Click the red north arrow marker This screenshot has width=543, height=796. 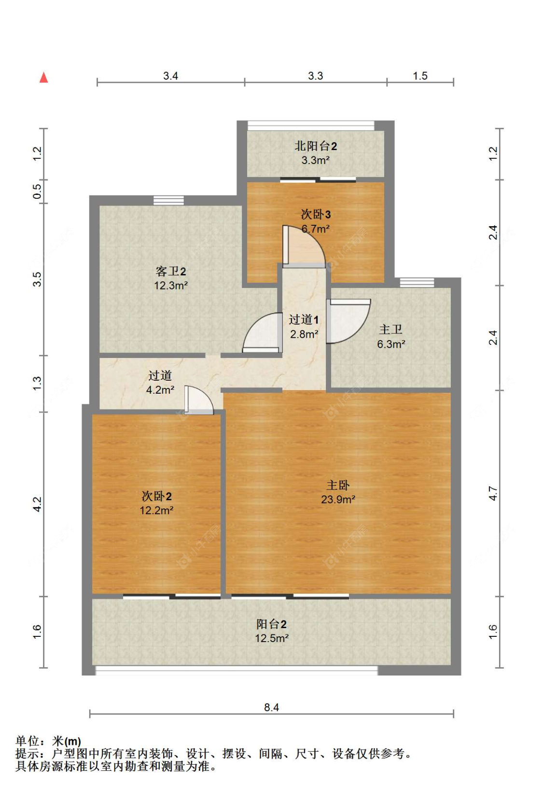pyautogui.click(x=43, y=78)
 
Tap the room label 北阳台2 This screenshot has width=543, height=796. pyautogui.click(x=316, y=146)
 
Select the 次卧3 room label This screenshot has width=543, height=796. pyautogui.click(x=316, y=214)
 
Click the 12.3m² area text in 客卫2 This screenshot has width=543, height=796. pyautogui.click(x=170, y=286)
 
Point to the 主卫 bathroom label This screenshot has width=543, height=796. pyautogui.click(x=390, y=329)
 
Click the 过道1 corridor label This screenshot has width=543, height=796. pyautogui.click(x=304, y=320)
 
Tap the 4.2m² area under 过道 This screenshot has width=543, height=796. pyautogui.click(x=160, y=390)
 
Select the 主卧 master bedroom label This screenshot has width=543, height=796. pyautogui.click(x=338, y=485)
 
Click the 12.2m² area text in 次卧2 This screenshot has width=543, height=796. pyautogui.click(x=156, y=510)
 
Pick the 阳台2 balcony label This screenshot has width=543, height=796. pyautogui.click(x=271, y=624)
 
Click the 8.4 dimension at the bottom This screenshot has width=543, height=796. pyautogui.click(x=271, y=707)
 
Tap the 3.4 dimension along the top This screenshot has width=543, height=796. pyautogui.click(x=170, y=76)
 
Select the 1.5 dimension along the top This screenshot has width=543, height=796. pyautogui.click(x=420, y=76)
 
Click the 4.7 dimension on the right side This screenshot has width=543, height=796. pyautogui.click(x=493, y=493)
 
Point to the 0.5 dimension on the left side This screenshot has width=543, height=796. pyautogui.click(x=37, y=192)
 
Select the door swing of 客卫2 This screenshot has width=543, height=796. pyautogui.click(x=263, y=333)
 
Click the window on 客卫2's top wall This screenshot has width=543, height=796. pyautogui.click(x=168, y=200)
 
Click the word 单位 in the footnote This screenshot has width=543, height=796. pyautogui.click(x=27, y=741)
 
